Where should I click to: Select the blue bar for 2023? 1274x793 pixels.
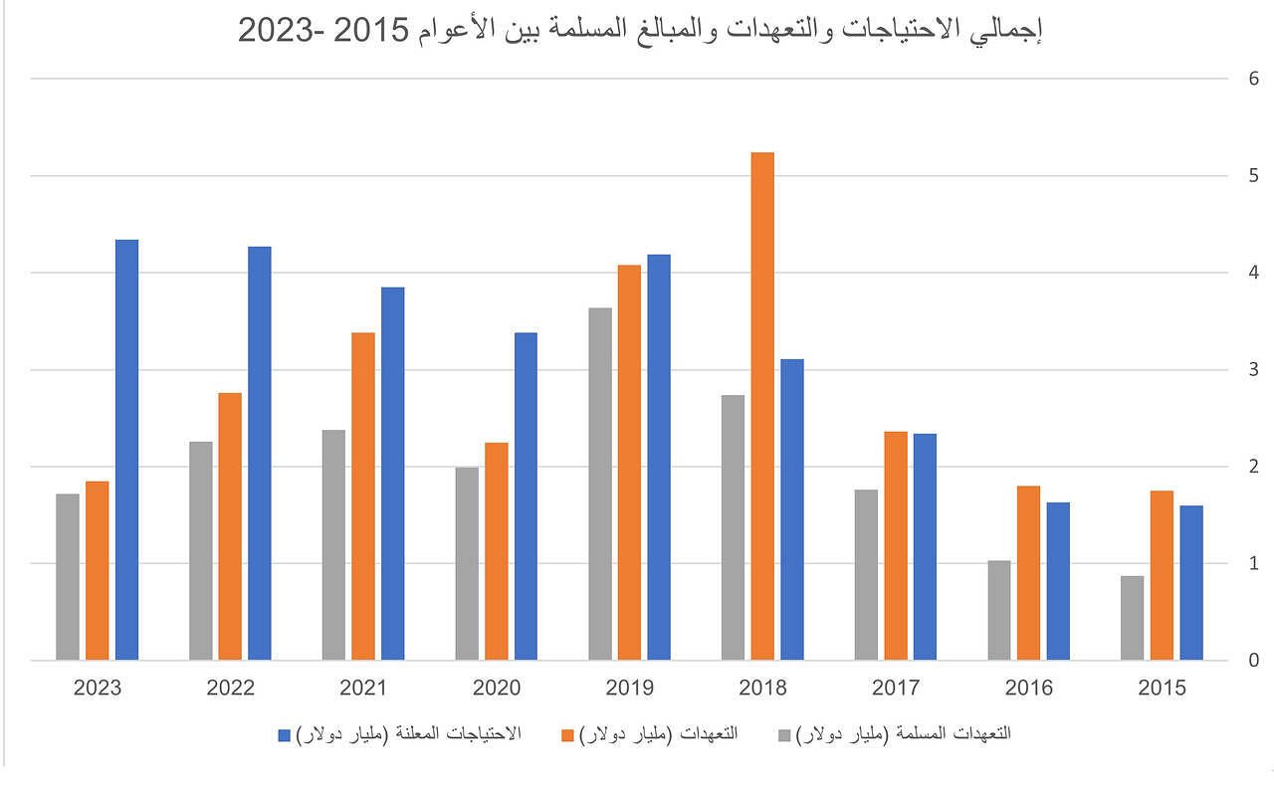pyautogui.click(x=126, y=450)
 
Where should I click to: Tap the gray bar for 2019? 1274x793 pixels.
pyautogui.click(x=600, y=484)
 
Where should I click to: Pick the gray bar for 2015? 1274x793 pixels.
pyautogui.click(x=1133, y=618)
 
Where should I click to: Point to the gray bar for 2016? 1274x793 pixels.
pyautogui.click(x=999, y=610)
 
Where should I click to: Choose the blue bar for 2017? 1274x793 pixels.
pyautogui.click(x=925, y=546)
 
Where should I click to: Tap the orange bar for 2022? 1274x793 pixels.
pyautogui.click(x=230, y=526)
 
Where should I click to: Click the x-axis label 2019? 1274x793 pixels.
pyautogui.click(x=630, y=689)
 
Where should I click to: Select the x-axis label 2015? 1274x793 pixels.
pyautogui.click(x=1162, y=689)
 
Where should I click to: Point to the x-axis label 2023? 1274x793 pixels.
pyautogui.click(x=98, y=689)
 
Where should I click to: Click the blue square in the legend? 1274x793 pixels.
pyautogui.click(x=283, y=734)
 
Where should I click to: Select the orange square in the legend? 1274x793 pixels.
pyautogui.click(x=568, y=734)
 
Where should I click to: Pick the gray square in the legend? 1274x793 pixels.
pyautogui.click(x=785, y=734)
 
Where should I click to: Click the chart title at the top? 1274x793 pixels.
pyautogui.click(x=639, y=30)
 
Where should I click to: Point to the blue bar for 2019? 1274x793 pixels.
pyautogui.click(x=659, y=458)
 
